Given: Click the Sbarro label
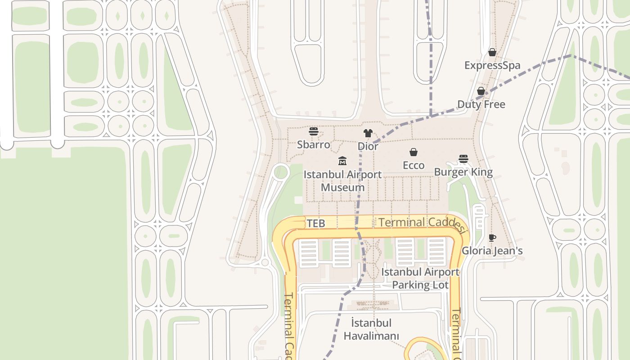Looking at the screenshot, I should pyautogui.click(x=313, y=145).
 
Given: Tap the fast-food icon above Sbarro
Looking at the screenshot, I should pyautogui.click(x=314, y=131).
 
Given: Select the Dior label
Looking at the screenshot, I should pyautogui.click(x=368, y=146).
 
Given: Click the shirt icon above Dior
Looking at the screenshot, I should pyautogui.click(x=368, y=133).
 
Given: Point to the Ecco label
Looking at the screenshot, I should pyautogui.click(x=414, y=165).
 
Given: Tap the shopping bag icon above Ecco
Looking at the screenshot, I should pyautogui.click(x=414, y=153).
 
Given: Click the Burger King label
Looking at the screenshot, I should pyautogui.click(x=463, y=172).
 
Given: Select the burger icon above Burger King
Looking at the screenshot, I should pyautogui.click(x=463, y=159).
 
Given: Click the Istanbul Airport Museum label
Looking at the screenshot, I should pyautogui.click(x=342, y=181).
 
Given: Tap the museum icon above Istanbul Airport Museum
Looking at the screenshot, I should pyautogui.click(x=342, y=161).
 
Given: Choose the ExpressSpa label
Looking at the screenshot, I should pyautogui.click(x=492, y=65).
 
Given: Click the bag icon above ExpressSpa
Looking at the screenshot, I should pyautogui.click(x=492, y=53).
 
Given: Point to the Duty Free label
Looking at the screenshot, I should pyautogui.click(x=481, y=104).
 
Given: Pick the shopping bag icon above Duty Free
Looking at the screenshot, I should pyautogui.click(x=481, y=91).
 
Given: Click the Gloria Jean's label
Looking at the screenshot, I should pyautogui.click(x=492, y=251).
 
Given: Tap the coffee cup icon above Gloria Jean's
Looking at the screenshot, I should pyautogui.click(x=492, y=238).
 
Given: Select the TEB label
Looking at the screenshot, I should pyautogui.click(x=315, y=223).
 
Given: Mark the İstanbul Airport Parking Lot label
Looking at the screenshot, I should pyautogui.click(x=420, y=279).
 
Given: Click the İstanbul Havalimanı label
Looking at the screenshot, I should pyautogui.click(x=371, y=329).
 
